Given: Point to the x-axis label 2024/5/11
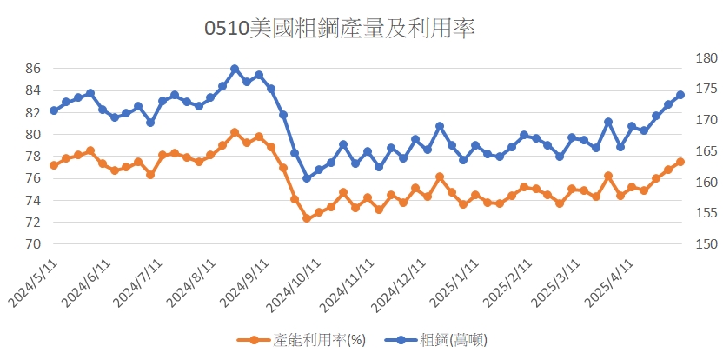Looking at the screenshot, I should click(33, 282).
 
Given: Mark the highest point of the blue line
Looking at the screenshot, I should click(235, 69).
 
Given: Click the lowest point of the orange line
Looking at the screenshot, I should click(307, 218).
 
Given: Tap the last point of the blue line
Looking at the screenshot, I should click(680, 95).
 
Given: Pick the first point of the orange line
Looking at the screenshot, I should click(54, 165).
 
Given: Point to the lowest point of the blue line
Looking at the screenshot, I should click(307, 178).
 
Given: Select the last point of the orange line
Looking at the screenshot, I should click(680, 162).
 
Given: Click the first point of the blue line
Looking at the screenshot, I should click(54, 110).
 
